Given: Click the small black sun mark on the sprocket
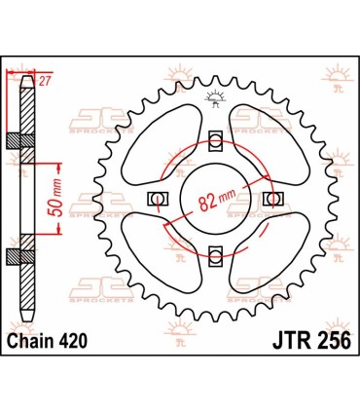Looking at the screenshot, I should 213,97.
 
